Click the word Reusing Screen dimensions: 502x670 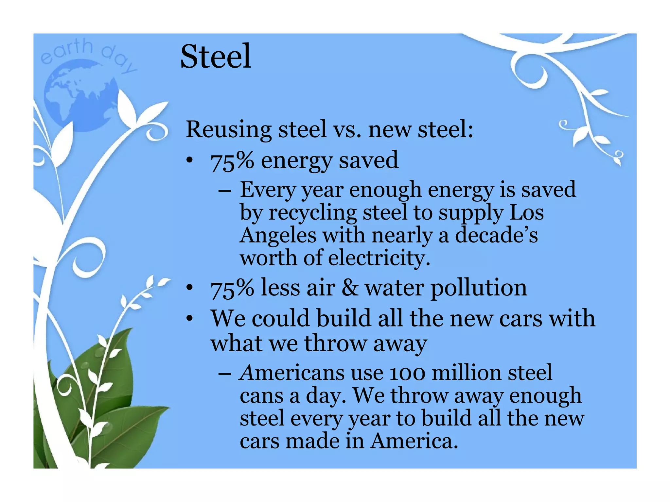[228, 129]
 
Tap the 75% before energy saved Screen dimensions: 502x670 [232, 161]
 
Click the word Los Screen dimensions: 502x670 [527, 212]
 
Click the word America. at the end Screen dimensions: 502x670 [414, 441]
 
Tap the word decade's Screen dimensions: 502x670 [496, 235]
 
